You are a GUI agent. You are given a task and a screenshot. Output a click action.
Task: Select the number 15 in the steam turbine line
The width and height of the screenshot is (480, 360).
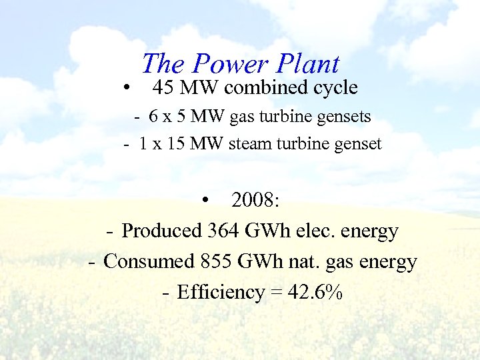tap(176, 143)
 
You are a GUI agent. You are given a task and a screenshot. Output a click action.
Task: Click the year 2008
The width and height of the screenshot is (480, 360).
tap(255, 199)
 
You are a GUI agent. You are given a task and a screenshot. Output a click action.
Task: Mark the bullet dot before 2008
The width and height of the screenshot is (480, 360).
tap(208, 201)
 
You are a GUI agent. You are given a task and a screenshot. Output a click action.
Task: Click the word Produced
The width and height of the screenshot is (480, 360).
tap(162, 231)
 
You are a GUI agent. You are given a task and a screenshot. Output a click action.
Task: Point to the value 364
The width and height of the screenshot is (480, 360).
tap(224, 231)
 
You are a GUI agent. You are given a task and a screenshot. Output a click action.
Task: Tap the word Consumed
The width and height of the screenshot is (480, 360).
tap(149, 261)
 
